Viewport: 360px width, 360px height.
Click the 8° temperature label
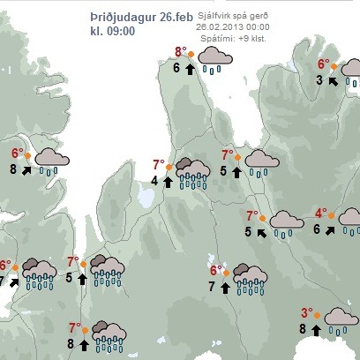180,52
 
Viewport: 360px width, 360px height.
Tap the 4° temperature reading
321,214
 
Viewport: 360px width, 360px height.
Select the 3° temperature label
307,312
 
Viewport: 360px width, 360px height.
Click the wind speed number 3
319,80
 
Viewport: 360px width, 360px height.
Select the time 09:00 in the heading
123,32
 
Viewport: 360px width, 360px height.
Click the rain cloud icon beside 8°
213,60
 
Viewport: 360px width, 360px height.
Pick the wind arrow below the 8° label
190,68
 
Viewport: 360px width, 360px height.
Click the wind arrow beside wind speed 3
333,80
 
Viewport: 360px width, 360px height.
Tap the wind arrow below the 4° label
331,229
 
